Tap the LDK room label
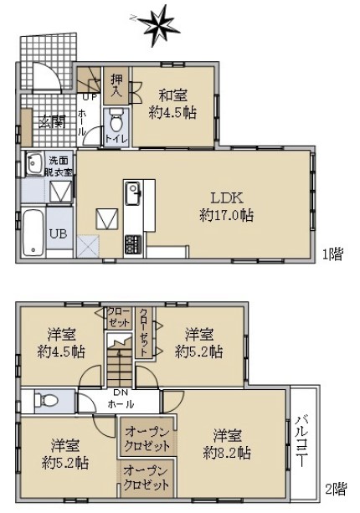point(227,198)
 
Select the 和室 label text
point(173,96)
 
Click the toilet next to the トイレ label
point(116,121)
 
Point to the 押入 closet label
point(116,85)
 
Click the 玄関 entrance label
point(53,121)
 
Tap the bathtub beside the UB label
point(33,233)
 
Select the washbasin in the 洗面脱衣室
point(34,164)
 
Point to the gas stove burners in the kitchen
point(133,244)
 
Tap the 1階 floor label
point(332,254)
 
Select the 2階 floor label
point(336,490)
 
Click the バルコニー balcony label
point(303,443)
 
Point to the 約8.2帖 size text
point(227,453)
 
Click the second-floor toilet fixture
point(46,399)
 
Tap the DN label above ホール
point(121,392)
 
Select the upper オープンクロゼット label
point(147,439)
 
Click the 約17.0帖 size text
point(227,216)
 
